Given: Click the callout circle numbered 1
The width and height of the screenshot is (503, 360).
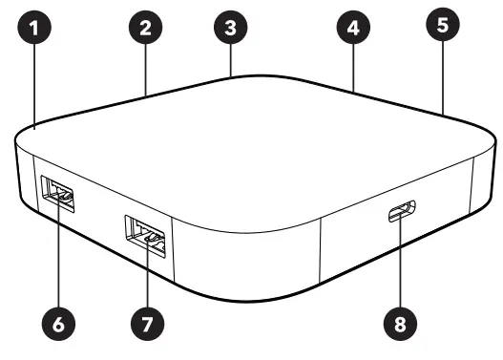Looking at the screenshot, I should (34, 29).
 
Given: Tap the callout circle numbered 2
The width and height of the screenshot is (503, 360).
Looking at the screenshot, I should (144, 29).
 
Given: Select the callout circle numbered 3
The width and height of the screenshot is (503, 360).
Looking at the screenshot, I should (230, 26).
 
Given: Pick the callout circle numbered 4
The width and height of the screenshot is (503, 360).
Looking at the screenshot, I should (353, 29).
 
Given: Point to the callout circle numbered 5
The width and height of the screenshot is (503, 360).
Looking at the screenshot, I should (442, 25).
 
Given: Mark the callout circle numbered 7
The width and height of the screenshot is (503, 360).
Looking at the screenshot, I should (145, 324).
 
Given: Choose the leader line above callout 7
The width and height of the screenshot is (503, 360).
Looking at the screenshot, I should (145, 277).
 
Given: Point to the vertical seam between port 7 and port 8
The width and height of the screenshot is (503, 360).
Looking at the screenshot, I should (320, 248).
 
